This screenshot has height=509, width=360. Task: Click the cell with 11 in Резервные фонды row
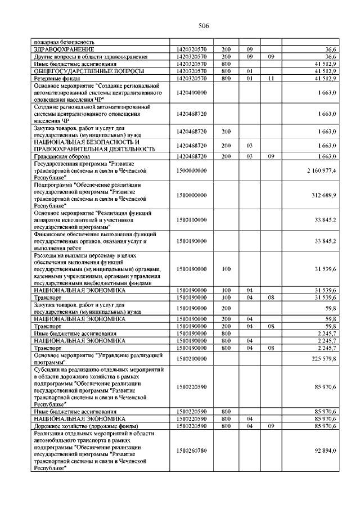pos(271,79)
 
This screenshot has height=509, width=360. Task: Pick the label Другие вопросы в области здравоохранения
pos(91,57)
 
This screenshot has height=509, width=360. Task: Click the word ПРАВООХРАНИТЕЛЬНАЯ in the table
pos(77,149)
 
